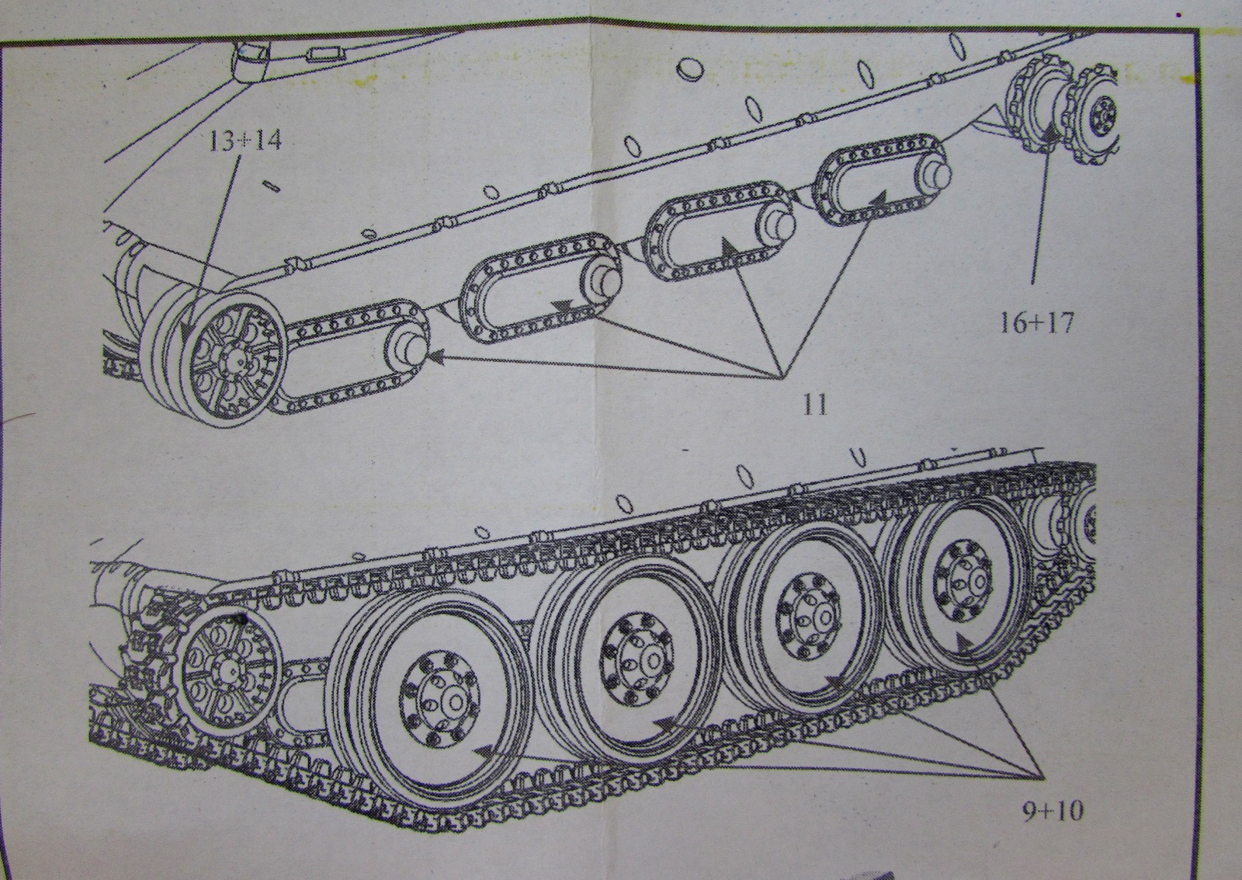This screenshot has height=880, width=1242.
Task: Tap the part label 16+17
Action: tap(1036, 321)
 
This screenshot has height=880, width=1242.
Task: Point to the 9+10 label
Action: tap(1051, 812)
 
